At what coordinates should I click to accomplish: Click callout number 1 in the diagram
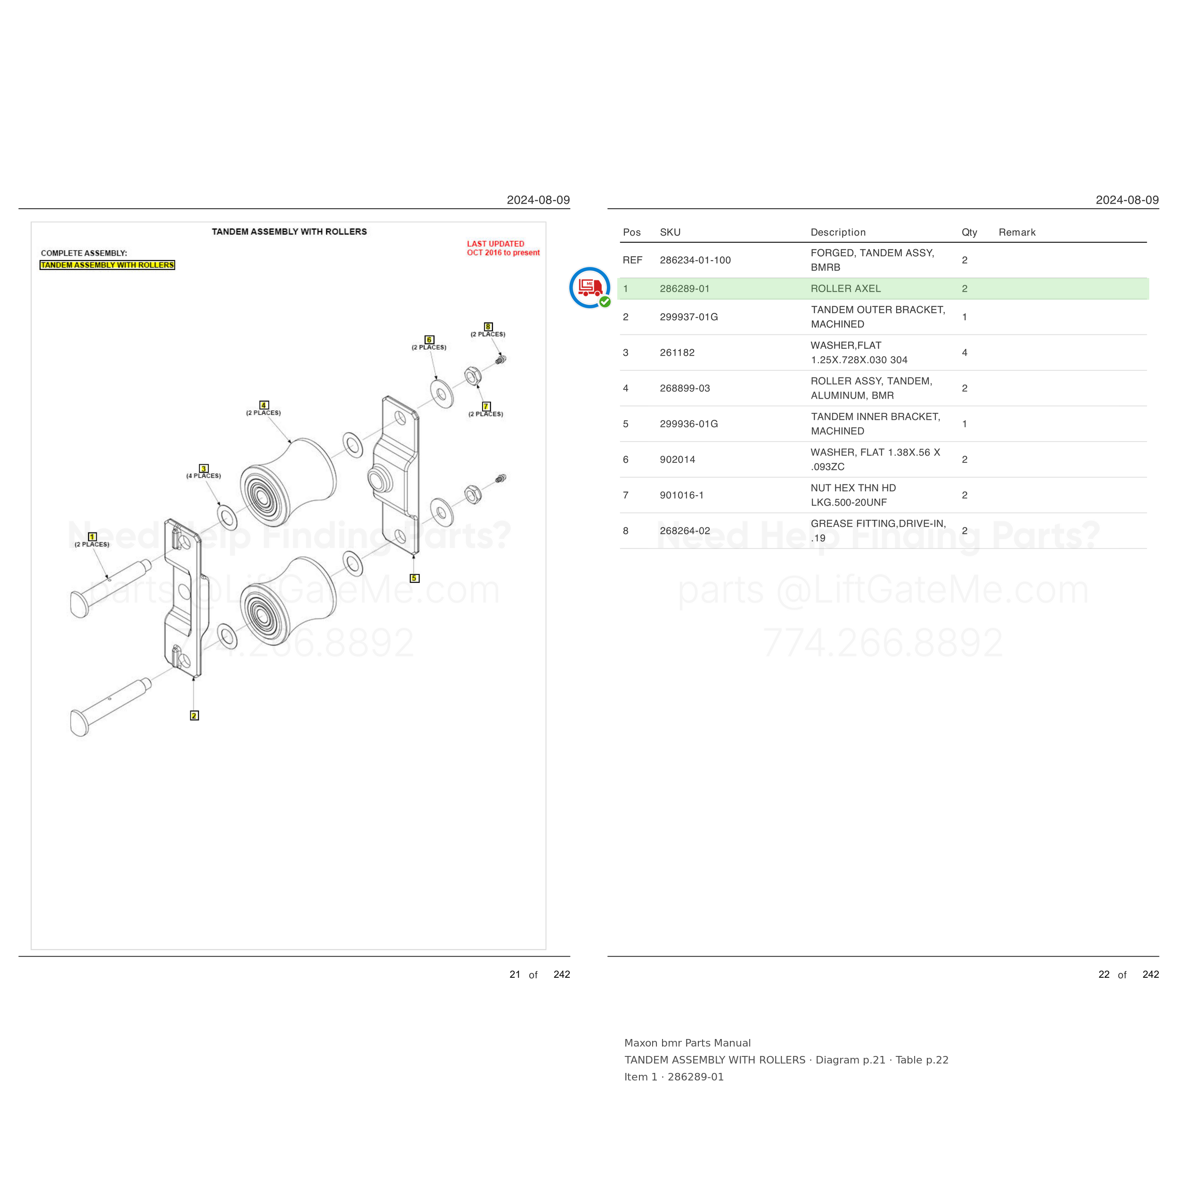point(92,537)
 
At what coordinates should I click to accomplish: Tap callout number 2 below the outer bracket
point(194,715)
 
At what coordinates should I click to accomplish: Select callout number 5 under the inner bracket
point(415,578)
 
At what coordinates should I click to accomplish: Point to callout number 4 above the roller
point(263,405)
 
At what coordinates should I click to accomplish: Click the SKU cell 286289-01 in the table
point(685,288)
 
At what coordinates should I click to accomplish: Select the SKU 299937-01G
point(689,317)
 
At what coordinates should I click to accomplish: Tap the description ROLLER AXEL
point(846,288)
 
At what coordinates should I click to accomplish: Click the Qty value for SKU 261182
point(965,352)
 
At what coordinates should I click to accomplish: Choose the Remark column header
point(1017,232)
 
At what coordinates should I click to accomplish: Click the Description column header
point(838,232)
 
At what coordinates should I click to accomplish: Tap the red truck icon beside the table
point(589,287)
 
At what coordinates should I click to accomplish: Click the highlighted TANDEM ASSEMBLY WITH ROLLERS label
point(107,265)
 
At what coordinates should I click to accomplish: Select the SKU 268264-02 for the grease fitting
point(685,531)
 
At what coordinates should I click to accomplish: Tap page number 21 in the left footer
point(515,974)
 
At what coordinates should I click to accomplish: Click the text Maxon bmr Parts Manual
point(687,1043)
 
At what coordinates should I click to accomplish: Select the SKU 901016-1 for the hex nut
point(682,495)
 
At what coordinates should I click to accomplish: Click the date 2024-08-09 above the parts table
point(1127,200)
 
